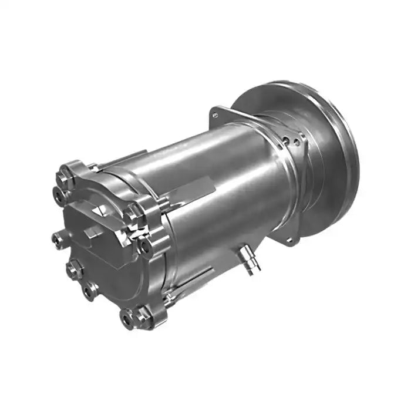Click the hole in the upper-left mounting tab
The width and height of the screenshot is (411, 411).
[x=215, y=116]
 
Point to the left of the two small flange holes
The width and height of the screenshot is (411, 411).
[x=285, y=140]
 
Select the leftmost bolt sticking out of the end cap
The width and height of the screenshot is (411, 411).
[x=58, y=238]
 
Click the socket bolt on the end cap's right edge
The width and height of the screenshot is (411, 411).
[x=145, y=247]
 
